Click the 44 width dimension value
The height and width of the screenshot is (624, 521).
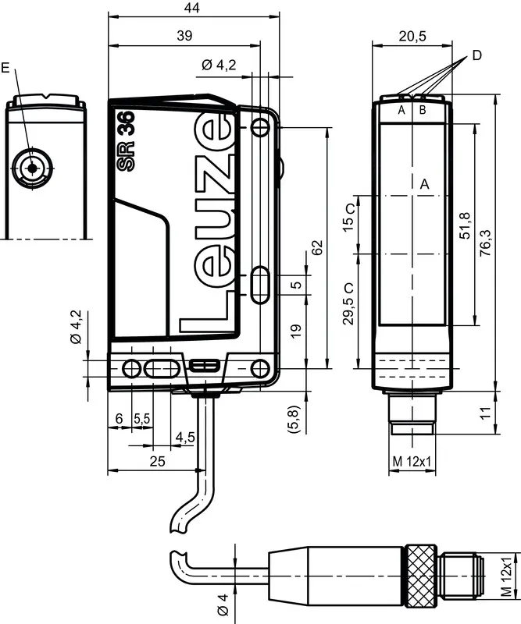(191, 8)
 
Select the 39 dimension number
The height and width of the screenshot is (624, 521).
(184, 36)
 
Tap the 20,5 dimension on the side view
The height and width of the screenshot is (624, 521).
(412, 36)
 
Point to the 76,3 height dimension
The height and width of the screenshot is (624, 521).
(486, 243)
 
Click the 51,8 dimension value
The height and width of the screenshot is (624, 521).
(465, 225)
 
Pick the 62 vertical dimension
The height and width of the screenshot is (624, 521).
(316, 247)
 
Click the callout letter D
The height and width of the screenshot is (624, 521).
(476, 55)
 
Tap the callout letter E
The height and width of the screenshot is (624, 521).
(5, 68)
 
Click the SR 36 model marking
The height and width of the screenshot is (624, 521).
(127, 141)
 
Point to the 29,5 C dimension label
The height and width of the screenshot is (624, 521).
(348, 304)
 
